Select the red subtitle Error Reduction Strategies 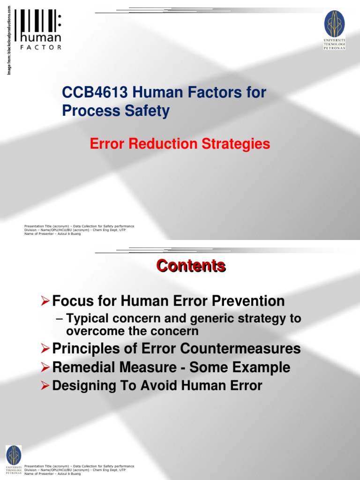[x=180, y=143]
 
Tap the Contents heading [x=191, y=266]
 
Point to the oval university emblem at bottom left [x=13, y=455]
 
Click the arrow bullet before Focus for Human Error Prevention [x=45, y=300]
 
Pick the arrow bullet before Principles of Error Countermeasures [x=45, y=349]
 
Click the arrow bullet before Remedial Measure [x=45, y=367]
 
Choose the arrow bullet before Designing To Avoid [x=45, y=386]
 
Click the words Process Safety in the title [x=116, y=111]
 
